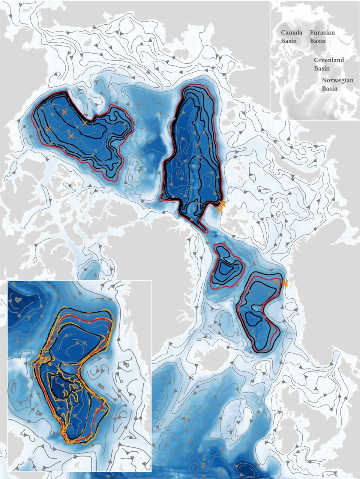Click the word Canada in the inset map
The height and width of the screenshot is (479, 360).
(292, 33)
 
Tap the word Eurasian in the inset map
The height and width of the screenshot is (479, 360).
(322, 33)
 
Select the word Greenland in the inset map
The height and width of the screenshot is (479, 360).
(329, 60)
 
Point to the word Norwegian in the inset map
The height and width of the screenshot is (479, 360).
(337, 80)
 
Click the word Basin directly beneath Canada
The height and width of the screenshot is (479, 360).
(289, 41)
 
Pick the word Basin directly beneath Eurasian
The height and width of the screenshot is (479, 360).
(318, 41)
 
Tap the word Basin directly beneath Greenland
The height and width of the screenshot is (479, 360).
(322, 68)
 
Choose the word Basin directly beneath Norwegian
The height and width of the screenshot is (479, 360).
(330, 88)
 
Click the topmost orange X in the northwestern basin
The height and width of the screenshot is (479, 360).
(64, 112)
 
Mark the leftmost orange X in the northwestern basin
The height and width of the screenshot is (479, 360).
(48, 129)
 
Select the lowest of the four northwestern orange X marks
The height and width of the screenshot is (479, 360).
(71, 135)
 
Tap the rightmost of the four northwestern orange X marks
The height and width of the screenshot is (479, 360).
(85, 123)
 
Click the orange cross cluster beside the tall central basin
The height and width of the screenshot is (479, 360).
(222, 206)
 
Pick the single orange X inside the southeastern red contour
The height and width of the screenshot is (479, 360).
(276, 281)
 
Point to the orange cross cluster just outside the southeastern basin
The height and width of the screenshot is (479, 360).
(285, 284)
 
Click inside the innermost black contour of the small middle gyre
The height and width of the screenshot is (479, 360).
(226, 268)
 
